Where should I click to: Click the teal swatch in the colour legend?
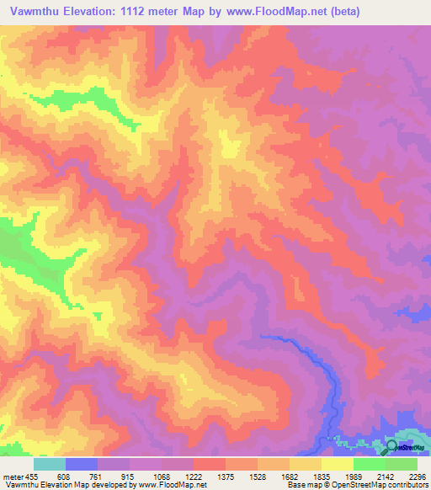50,464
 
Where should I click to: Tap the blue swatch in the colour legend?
82,464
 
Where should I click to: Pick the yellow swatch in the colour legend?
338,464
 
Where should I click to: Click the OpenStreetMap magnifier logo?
391,445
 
